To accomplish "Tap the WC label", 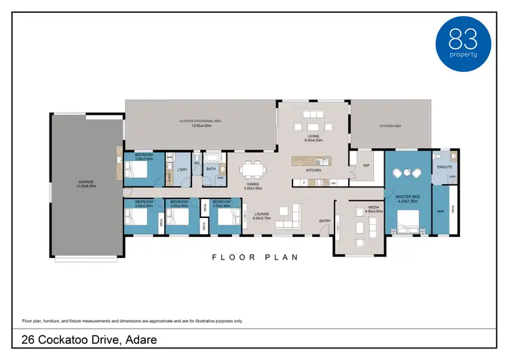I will (x=196, y=163).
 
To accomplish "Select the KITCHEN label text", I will (x=313, y=170).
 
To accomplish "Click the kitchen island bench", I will (x=312, y=161).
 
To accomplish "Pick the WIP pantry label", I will (x=366, y=165).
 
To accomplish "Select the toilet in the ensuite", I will (x=454, y=156).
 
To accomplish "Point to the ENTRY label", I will (x=324, y=221).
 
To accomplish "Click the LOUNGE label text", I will (x=262, y=215).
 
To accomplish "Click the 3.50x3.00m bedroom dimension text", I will (x=144, y=158).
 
